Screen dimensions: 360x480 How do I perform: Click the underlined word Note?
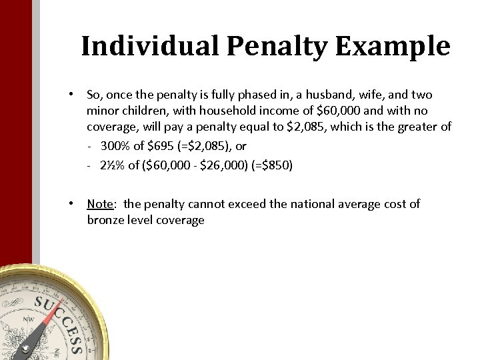(x=99, y=204)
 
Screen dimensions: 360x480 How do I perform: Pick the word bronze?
(x=107, y=219)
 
